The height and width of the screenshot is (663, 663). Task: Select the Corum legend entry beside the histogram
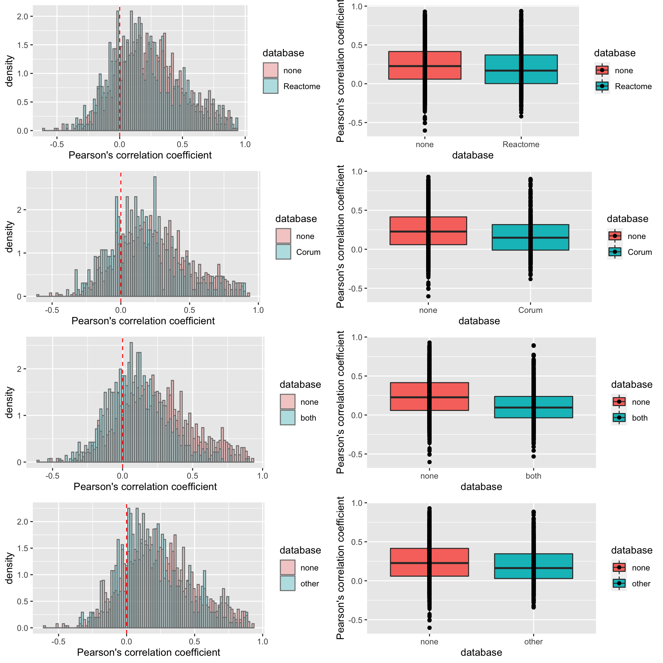tap(308, 252)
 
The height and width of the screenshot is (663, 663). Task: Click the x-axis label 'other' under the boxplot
tap(533, 642)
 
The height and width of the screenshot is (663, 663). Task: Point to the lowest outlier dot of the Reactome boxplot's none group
tap(425, 131)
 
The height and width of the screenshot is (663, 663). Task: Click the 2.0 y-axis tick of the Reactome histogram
tap(23, 16)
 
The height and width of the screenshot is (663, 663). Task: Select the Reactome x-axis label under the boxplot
tap(521, 144)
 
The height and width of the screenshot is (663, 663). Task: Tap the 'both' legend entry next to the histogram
tap(308, 418)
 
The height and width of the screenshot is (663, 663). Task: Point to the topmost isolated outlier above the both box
tap(534, 346)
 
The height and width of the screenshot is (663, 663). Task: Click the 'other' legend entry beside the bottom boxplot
tap(641, 584)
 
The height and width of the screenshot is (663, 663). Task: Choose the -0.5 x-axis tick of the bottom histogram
tap(58, 642)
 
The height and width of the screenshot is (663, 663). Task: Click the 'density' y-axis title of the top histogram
tap(9, 71)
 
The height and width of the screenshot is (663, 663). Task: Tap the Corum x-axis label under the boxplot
tap(530, 310)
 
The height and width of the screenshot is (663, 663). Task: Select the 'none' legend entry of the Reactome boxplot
tap(623, 70)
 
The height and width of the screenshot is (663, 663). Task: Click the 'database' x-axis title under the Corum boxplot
tap(479, 321)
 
